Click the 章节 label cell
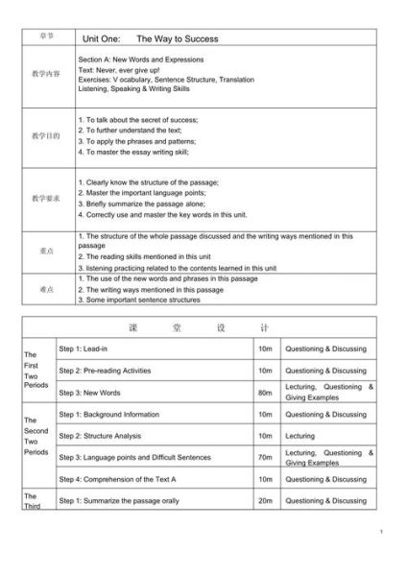click(47, 36)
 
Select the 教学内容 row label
click(46, 73)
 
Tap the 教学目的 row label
click(46, 136)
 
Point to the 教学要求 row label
click(46, 198)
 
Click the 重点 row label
click(46, 251)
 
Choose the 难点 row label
click(46, 288)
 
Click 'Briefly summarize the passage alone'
click(142, 204)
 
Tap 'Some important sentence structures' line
click(140, 300)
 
